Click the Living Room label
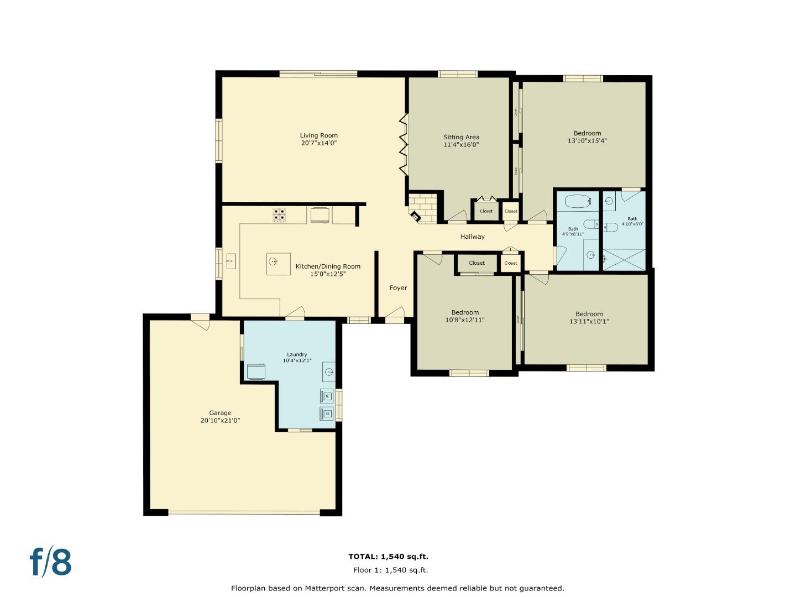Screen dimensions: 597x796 pyautogui.click(x=318, y=135)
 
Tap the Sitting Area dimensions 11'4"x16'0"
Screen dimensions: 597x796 pyautogui.click(x=461, y=145)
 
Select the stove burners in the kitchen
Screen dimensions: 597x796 pyautogui.click(x=279, y=214)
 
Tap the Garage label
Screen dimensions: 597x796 pyautogui.click(x=220, y=413)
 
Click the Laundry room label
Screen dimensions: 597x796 pyautogui.click(x=297, y=354)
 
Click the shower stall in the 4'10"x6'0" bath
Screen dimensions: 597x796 pyautogui.click(x=624, y=260)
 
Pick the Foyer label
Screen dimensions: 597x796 pyautogui.click(x=398, y=288)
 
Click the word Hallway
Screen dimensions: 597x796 pyautogui.click(x=472, y=237)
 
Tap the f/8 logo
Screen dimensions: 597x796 pyautogui.click(x=50, y=562)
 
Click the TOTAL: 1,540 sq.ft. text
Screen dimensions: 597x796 pyautogui.click(x=388, y=557)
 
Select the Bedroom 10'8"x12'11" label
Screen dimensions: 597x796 pyautogui.click(x=465, y=312)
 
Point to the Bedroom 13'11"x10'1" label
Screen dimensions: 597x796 pyautogui.click(x=589, y=314)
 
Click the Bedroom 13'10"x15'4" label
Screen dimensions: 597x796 pyautogui.click(x=587, y=133)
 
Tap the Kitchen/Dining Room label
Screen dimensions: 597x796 pyautogui.click(x=328, y=266)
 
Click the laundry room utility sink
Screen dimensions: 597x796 pyautogui.click(x=329, y=373)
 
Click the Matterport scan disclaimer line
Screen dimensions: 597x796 pyautogui.click(x=397, y=588)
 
